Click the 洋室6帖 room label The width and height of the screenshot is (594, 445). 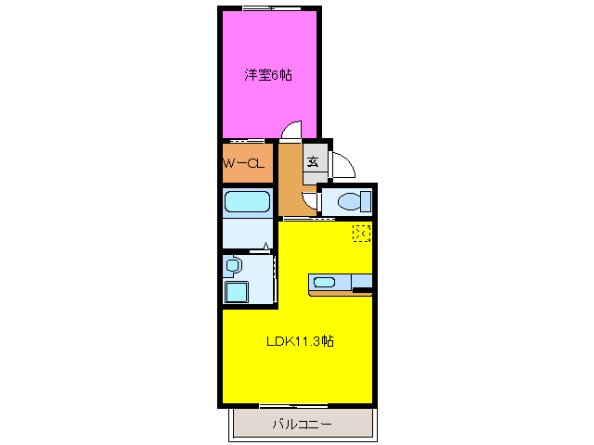click(268, 75)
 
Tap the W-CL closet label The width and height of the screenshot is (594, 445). click(245, 163)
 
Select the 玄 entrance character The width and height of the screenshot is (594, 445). click(314, 161)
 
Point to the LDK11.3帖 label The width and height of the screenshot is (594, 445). click(300, 341)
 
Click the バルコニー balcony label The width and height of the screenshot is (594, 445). click(302, 426)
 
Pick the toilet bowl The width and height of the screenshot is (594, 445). click(350, 200)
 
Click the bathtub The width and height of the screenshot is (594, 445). click(247, 201)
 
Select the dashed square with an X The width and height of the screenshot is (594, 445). click(361, 233)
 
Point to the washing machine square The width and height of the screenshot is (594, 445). click(237, 292)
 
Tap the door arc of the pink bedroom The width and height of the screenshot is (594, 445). click(292, 131)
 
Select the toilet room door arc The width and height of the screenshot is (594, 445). click(310, 198)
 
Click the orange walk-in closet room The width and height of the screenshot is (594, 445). click(246, 163)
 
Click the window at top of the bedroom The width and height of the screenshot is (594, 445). click(269, 8)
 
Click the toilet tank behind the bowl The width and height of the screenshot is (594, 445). click(366, 200)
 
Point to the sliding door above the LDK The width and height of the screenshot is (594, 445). click(309, 219)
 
